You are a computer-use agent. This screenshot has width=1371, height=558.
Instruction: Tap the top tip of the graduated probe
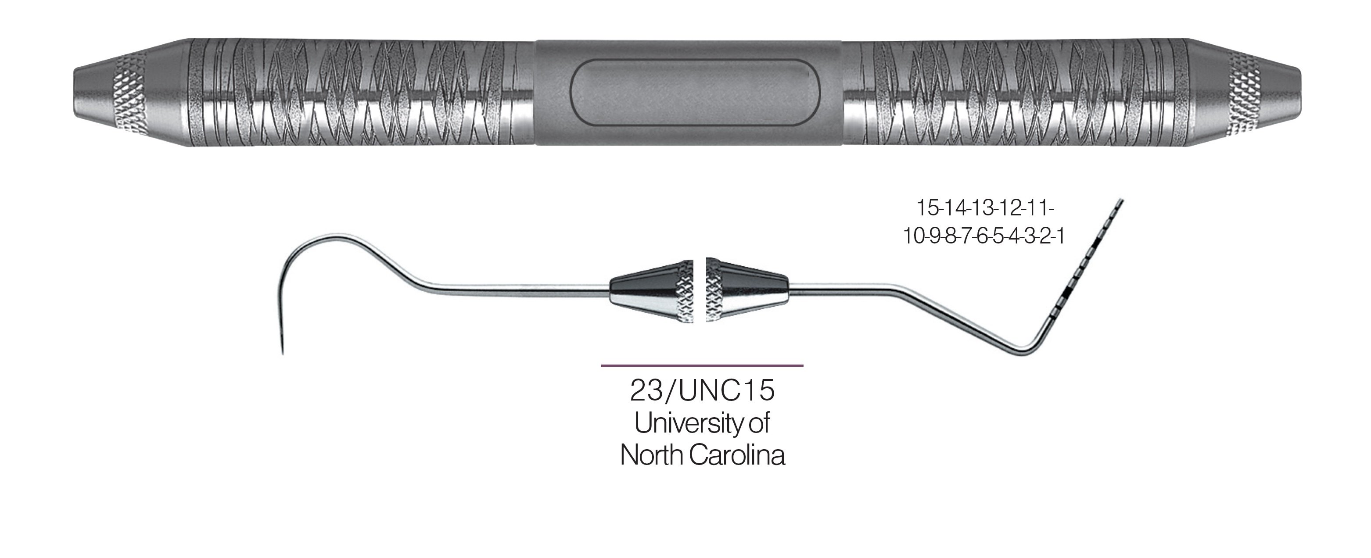1122,200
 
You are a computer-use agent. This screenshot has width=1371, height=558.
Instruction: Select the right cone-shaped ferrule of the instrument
746,290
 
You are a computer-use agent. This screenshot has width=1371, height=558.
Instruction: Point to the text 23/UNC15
702,391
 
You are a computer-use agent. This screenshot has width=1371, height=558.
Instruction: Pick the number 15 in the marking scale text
926,208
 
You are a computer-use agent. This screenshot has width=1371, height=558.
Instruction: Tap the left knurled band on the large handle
127,92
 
